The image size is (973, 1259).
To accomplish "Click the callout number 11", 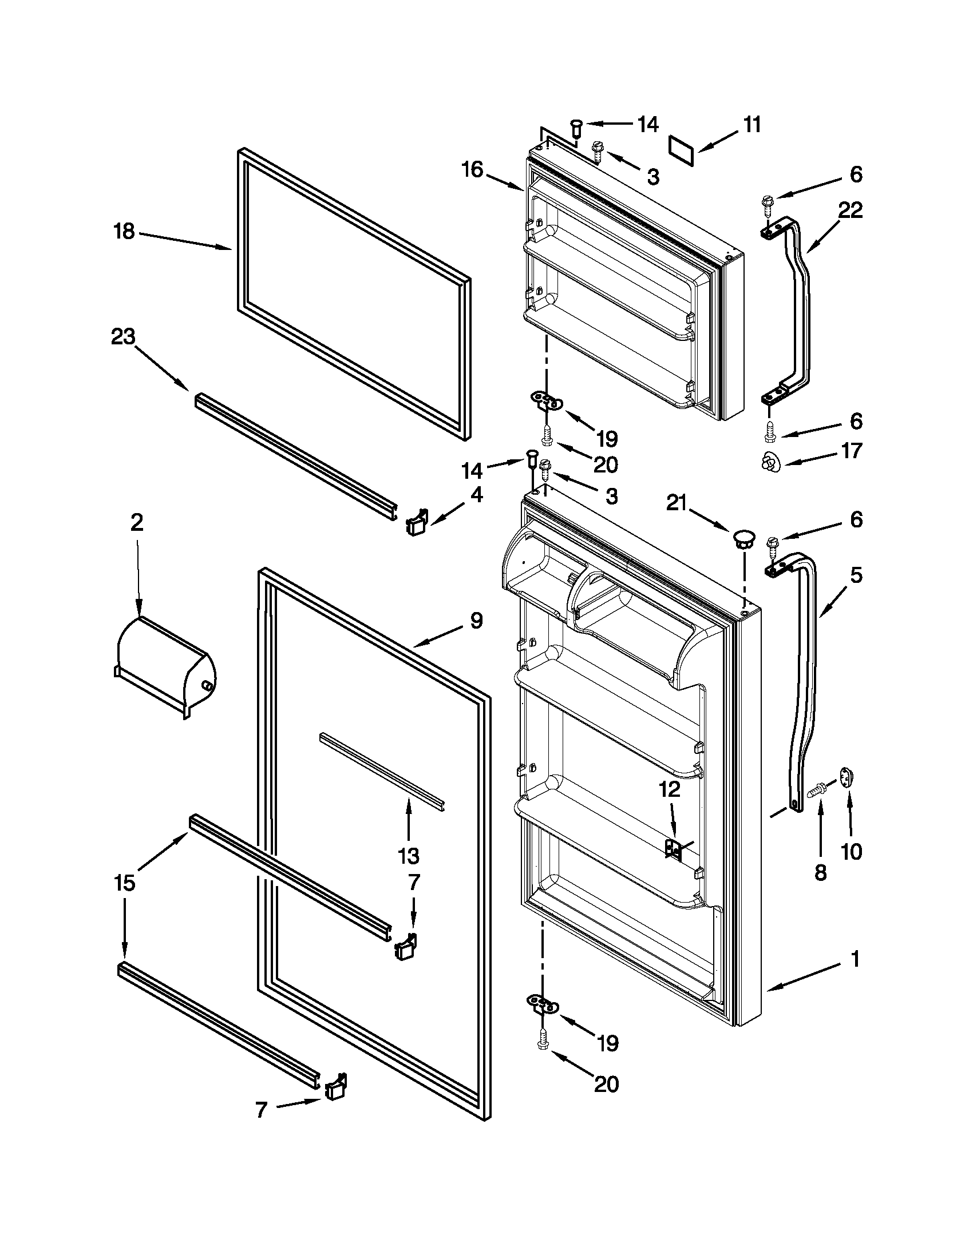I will pos(751,125).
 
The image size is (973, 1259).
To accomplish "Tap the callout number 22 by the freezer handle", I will pos(850,211).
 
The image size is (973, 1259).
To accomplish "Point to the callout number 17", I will pos(851,450).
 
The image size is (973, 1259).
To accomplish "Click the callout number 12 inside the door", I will pos(670,789).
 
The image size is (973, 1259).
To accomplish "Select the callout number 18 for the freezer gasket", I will pos(124,232).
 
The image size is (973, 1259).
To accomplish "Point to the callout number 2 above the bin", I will pos(137,522).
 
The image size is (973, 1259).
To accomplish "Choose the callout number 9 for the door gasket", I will pos(476,621).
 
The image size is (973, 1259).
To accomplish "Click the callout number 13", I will pos(408,856).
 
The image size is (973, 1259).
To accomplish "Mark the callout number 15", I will pos(125,883).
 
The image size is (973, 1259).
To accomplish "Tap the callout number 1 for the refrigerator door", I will pos(855,959).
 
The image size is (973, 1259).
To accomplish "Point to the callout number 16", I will pos(472,170).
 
